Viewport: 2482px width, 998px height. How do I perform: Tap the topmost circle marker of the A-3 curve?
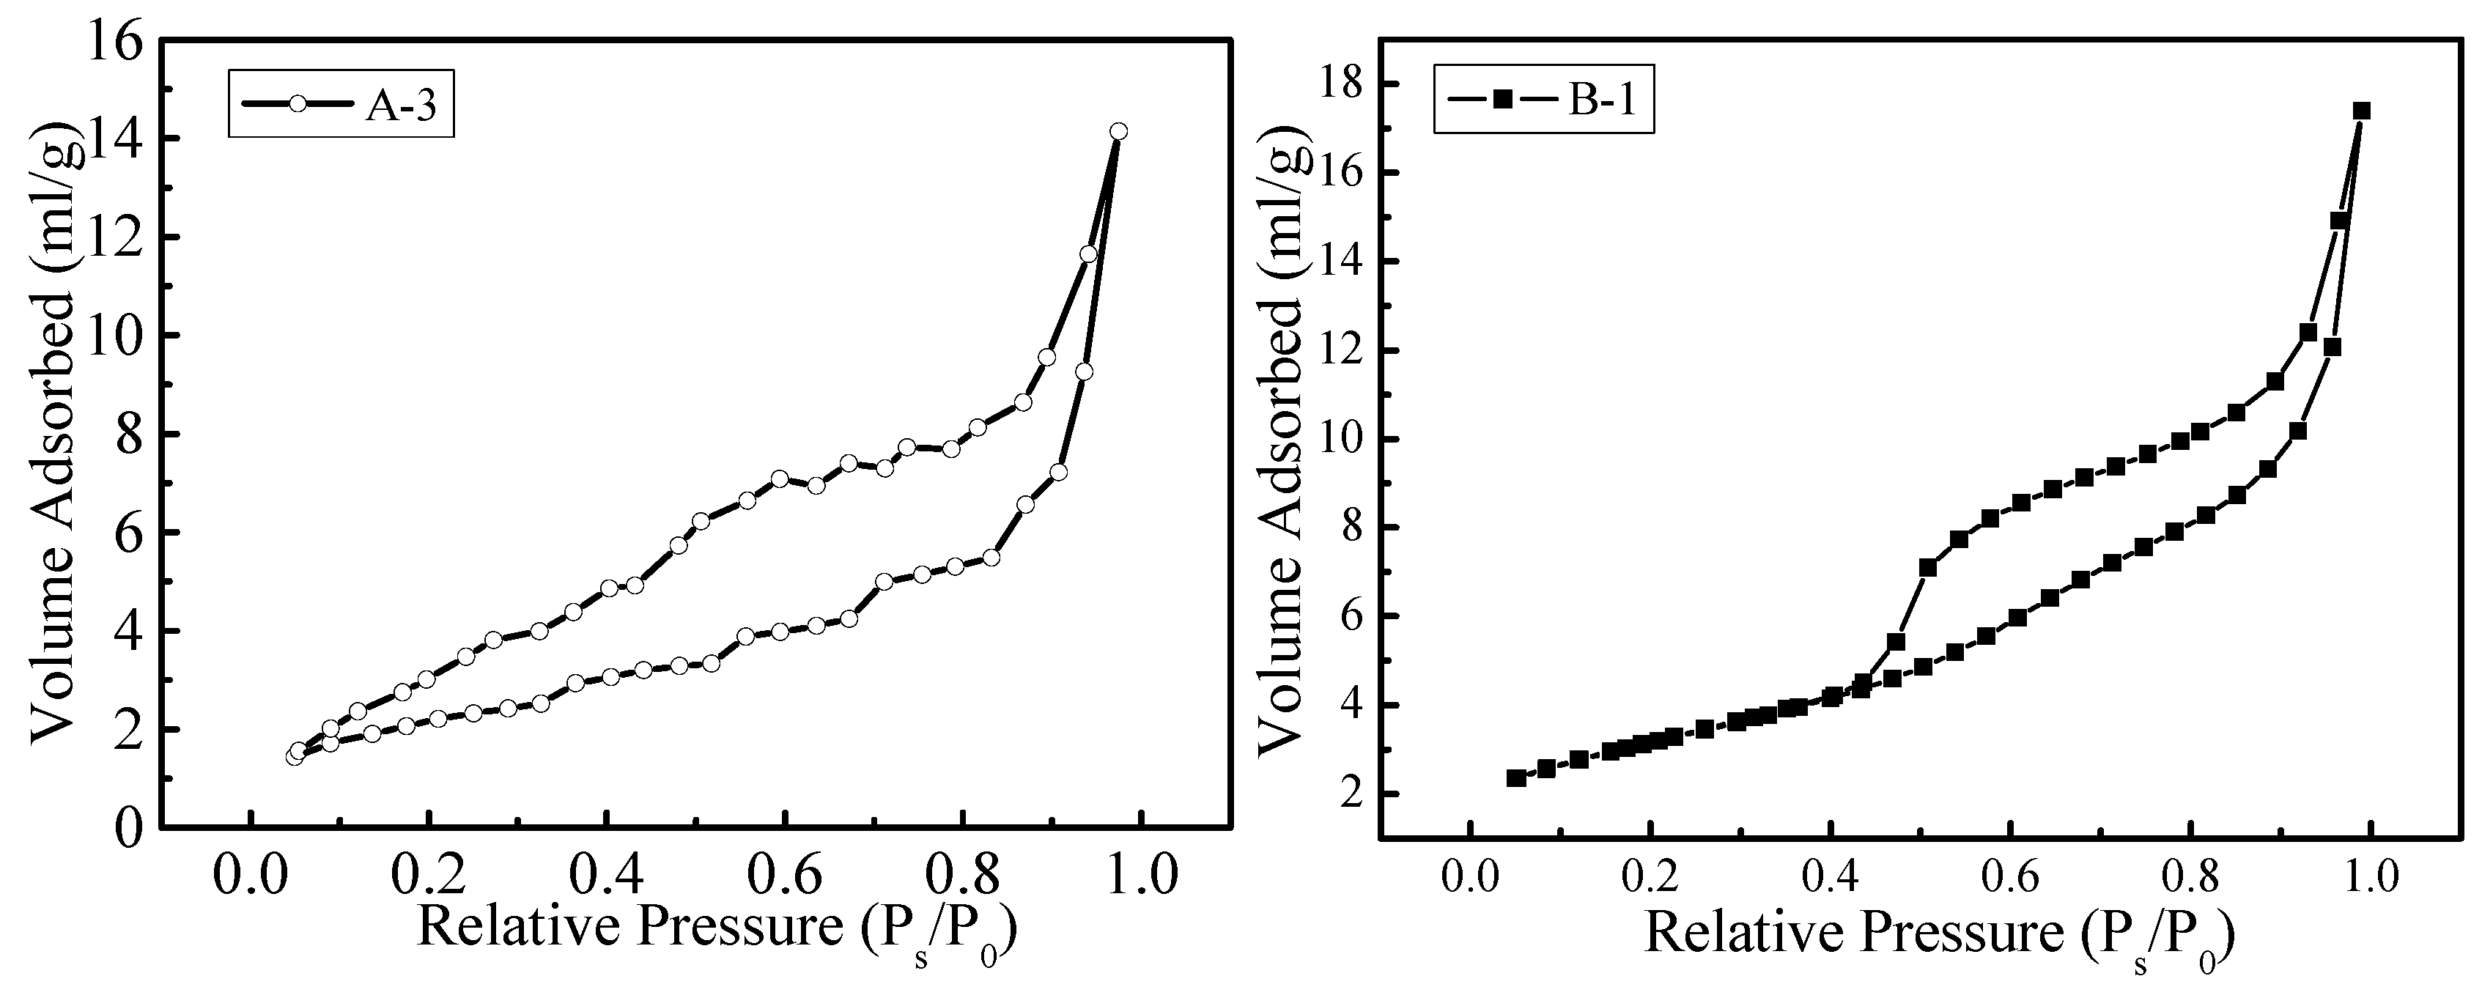[1118, 132]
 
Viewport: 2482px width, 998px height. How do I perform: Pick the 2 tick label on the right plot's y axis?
[1347, 794]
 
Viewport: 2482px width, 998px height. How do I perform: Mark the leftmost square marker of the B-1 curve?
[1515, 777]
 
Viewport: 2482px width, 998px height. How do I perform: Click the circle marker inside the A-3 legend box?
[298, 104]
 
